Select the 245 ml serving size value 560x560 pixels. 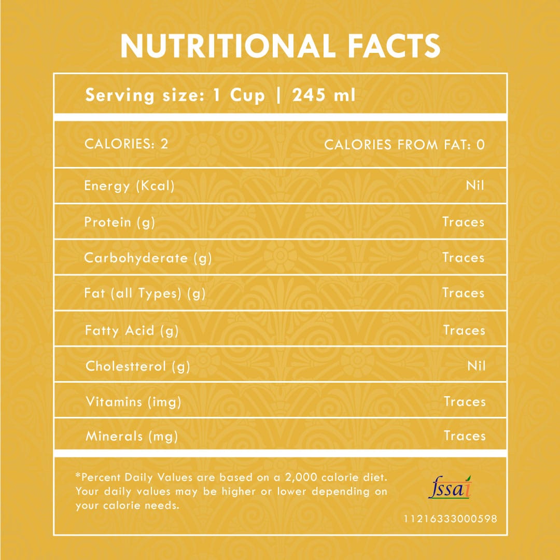[x=324, y=95]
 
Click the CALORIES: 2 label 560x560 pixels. [x=127, y=144]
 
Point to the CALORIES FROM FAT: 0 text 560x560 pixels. [x=404, y=145]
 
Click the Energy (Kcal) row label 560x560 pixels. [x=129, y=186]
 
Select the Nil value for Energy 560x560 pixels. [x=475, y=185]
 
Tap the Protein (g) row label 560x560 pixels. [x=120, y=222]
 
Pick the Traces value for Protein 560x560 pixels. [x=463, y=222]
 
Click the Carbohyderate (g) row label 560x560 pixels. [x=148, y=258]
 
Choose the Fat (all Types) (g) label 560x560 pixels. [x=145, y=293]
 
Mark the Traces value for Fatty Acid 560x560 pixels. [x=464, y=330]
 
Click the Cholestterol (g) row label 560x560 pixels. [x=137, y=367]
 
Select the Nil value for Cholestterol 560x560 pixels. [x=476, y=366]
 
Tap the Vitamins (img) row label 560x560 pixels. [x=133, y=402]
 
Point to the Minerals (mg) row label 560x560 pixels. [x=132, y=437]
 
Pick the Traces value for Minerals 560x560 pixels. [x=465, y=436]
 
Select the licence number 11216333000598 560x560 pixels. [x=450, y=519]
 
